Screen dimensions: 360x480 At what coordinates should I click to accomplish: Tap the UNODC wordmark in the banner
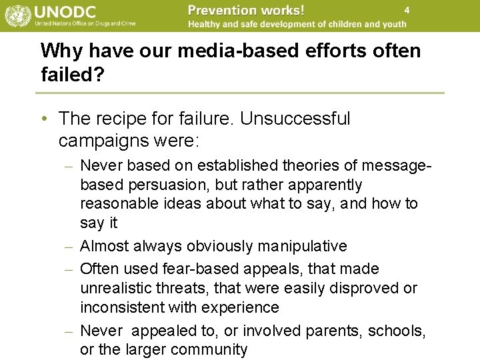click(66, 11)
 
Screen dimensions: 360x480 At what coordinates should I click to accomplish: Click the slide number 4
click(406, 10)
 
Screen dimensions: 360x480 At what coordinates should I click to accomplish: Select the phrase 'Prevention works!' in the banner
click(246, 10)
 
